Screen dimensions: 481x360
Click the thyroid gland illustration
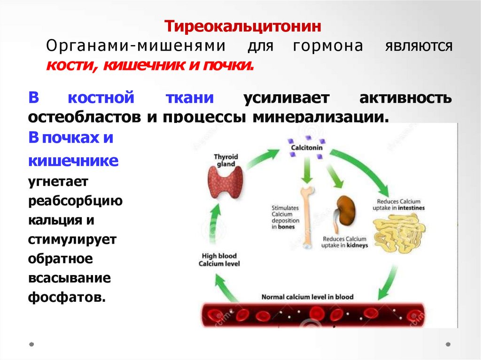coord(226,184)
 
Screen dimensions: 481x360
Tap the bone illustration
coord(306,215)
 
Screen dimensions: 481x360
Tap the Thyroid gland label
coord(226,161)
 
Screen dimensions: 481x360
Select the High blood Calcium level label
coord(219,260)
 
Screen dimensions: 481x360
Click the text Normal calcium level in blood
coord(307,297)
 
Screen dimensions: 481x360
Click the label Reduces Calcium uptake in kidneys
coord(345,242)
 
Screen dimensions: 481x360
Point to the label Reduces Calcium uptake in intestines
coord(399,204)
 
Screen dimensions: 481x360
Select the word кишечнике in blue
coord(73,161)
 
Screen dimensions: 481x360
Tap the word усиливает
coord(287,99)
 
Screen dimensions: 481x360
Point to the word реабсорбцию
coord(75,201)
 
